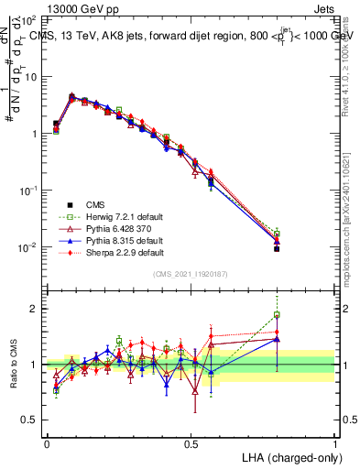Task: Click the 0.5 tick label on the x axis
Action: (191, 443)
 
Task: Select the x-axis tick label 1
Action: (335, 443)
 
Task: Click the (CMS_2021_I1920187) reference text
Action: (191, 275)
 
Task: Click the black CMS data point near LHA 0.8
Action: (277, 248)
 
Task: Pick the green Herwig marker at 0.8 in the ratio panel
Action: (277, 315)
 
